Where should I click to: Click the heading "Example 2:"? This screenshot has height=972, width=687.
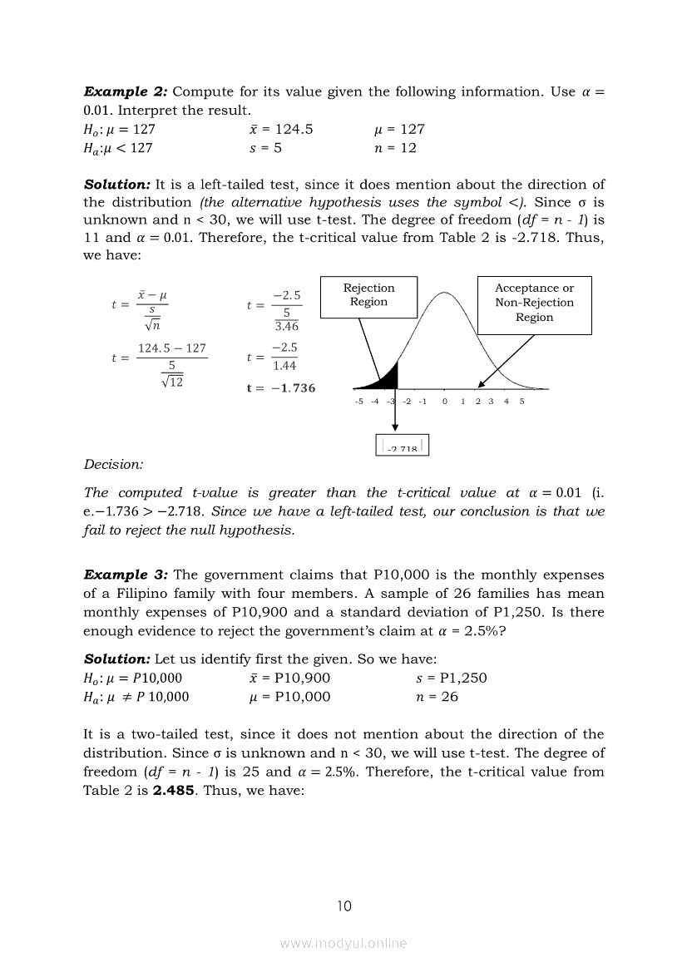click(x=125, y=91)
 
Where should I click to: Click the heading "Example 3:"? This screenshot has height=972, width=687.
click(x=125, y=575)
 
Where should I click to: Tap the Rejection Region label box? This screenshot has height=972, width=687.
click(x=368, y=295)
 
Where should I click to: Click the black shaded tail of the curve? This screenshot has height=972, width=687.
click(x=384, y=379)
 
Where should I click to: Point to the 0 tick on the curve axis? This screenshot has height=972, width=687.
click(x=445, y=402)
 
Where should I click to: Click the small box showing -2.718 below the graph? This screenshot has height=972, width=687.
click(x=403, y=447)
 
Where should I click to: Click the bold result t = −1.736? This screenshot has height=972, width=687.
click(x=281, y=388)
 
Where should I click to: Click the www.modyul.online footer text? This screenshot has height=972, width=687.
click(x=343, y=943)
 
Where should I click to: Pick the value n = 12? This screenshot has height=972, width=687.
click(x=396, y=148)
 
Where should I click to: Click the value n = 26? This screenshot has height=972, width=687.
click(x=437, y=697)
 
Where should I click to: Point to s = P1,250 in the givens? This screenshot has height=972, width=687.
click(x=452, y=678)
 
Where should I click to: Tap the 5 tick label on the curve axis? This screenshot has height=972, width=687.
click(x=522, y=402)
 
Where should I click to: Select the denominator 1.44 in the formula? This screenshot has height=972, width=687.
click(x=285, y=365)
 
